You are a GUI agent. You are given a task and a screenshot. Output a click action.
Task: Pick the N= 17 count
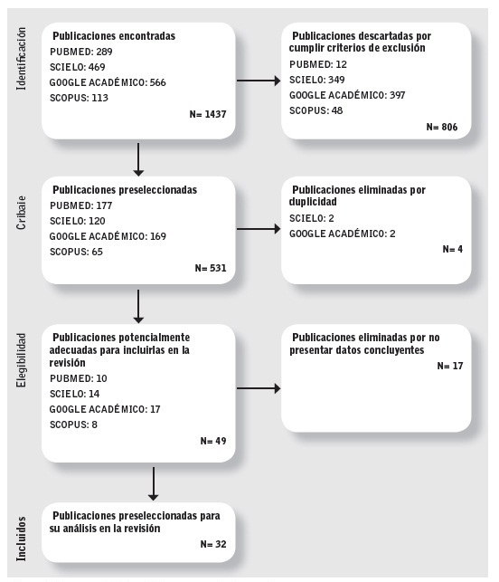[450, 366]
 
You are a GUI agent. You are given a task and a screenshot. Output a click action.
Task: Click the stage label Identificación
[23, 60]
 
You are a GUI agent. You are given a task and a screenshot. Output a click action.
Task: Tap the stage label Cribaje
[23, 209]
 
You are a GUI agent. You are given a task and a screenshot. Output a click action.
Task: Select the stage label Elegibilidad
[23, 361]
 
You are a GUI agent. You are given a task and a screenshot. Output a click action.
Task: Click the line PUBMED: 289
[80, 52]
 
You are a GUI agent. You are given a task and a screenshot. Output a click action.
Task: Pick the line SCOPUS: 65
[76, 252]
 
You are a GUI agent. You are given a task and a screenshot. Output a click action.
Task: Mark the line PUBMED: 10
[80, 379]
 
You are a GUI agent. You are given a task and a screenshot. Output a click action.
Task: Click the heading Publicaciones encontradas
[113, 36]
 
